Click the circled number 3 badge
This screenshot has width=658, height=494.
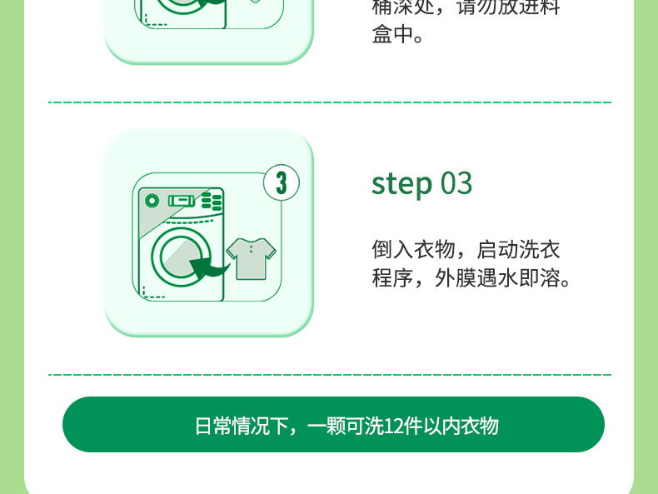[x=282, y=182]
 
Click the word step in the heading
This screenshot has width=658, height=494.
[x=402, y=184]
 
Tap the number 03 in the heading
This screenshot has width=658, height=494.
[x=456, y=183]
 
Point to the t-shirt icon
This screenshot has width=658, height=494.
[x=251, y=258]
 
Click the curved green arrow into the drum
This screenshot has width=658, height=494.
[x=209, y=267]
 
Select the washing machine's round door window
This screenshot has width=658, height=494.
[x=181, y=257]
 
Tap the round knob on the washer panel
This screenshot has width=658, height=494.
[x=152, y=201]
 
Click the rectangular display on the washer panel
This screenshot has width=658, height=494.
[x=182, y=201]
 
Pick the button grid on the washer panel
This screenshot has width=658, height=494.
[x=212, y=202]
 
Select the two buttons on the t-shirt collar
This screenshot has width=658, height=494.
[x=251, y=250]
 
